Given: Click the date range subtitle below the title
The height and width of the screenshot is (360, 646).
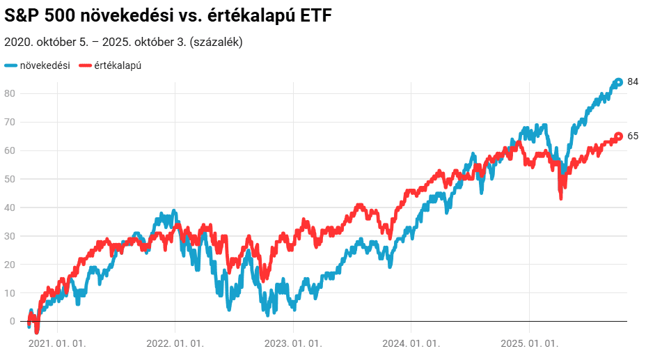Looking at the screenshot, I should click(x=123, y=42).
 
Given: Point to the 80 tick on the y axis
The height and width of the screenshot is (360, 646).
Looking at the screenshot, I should click(x=10, y=94).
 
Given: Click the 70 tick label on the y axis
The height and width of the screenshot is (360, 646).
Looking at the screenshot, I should click(x=10, y=123).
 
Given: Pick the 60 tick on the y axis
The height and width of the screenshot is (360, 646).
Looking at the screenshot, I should click(x=10, y=151).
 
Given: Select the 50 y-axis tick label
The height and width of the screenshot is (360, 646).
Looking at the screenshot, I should click(x=10, y=179).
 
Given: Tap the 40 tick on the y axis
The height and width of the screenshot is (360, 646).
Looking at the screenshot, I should click(x=10, y=208).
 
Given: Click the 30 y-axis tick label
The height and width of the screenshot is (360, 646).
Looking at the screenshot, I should click(x=10, y=236).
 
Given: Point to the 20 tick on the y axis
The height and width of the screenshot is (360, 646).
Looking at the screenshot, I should click(x=10, y=265).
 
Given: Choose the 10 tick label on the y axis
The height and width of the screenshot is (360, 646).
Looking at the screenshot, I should click(x=10, y=293).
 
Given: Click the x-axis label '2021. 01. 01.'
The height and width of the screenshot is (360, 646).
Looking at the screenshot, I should click(x=58, y=343).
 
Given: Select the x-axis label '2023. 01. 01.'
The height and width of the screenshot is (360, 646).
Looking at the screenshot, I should click(x=294, y=343).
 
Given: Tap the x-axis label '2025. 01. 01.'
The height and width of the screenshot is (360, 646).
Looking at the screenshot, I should click(x=530, y=343).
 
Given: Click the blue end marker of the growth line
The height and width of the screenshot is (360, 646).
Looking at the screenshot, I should click(x=618, y=82).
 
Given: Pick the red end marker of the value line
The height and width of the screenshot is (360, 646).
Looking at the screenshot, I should click(x=618, y=136).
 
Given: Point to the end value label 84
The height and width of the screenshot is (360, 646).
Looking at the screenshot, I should click(x=633, y=82).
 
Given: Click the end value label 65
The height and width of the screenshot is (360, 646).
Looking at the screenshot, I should click(x=633, y=136).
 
